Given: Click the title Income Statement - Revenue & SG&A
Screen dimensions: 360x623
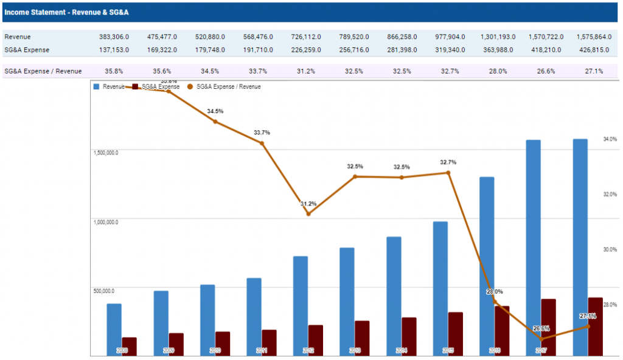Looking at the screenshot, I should click(x=66, y=12).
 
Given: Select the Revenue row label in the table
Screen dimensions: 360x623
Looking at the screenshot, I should click(x=18, y=37).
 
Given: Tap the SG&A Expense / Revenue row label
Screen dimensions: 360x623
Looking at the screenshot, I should click(x=43, y=71).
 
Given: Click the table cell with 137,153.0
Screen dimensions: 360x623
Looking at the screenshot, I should click(x=114, y=49).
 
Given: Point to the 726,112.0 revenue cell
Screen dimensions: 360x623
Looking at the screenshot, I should click(x=305, y=37).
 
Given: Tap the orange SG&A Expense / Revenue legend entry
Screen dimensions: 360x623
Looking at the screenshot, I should click(x=224, y=87).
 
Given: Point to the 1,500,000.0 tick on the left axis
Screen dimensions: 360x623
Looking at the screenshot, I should click(x=106, y=153).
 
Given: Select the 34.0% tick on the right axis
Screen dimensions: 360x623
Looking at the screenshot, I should click(x=610, y=139).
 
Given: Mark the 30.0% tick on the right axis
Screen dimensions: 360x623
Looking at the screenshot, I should click(x=610, y=249).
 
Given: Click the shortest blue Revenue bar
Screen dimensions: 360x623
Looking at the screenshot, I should click(x=114, y=329).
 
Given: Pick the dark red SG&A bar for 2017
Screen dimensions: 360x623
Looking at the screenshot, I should click(x=548, y=327).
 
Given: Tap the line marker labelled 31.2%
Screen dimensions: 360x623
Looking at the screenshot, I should click(x=308, y=213).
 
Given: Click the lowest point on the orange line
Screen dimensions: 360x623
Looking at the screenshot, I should click(x=541, y=338).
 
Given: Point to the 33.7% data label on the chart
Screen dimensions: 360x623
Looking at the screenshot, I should click(x=262, y=133).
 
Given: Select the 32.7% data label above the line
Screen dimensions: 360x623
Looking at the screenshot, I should click(x=448, y=162).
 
